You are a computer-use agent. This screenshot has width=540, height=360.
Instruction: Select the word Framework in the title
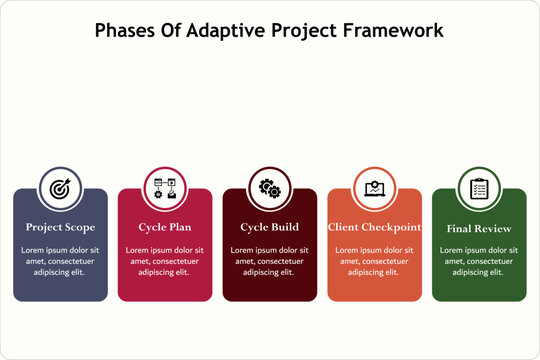[x=392, y=30]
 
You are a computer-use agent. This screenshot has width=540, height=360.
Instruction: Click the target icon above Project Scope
[x=60, y=188]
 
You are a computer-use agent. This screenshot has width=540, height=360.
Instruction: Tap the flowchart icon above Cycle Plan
[x=165, y=188]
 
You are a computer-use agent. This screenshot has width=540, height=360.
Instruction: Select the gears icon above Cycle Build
[x=269, y=188]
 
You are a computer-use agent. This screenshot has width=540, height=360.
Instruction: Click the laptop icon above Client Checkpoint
[x=374, y=188]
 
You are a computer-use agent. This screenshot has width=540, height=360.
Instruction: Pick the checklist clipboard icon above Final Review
[x=479, y=188]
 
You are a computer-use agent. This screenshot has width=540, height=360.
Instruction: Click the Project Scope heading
[x=60, y=227]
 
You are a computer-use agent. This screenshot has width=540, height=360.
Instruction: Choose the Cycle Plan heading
[x=165, y=227]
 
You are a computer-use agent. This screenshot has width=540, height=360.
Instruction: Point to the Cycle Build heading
[x=269, y=227]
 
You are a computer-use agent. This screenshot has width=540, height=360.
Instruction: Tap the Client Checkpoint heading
[x=374, y=227]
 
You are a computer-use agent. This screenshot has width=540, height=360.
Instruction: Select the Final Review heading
[x=479, y=228]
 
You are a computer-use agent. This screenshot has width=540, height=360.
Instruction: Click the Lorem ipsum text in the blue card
[x=60, y=260]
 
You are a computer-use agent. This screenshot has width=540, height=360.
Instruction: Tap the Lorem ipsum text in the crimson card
[x=165, y=260]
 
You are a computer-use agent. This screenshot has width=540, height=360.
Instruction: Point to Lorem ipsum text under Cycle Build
[x=269, y=260]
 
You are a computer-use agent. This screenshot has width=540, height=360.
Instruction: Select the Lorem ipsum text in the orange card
[x=374, y=260]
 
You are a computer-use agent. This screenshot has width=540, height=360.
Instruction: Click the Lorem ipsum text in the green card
[x=479, y=260]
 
